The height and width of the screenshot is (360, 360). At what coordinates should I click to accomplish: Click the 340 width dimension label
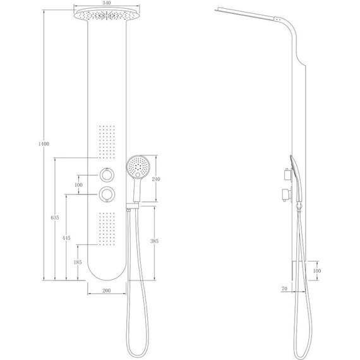point(107,3)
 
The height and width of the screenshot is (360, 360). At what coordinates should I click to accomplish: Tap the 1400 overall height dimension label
point(44,144)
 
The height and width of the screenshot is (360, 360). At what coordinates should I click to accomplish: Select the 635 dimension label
point(55,217)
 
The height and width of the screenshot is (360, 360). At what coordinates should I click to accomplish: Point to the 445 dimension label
point(66,238)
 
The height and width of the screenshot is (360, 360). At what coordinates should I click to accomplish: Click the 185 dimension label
point(78,262)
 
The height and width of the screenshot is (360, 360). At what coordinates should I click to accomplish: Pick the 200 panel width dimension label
point(107,291)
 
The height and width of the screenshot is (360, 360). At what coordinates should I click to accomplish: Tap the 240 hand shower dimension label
point(156,179)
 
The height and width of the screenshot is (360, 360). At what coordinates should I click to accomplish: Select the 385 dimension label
point(154,241)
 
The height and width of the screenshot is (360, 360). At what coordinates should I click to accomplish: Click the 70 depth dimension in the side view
point(284,289)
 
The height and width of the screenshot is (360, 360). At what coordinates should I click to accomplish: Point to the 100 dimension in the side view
point(317,271)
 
